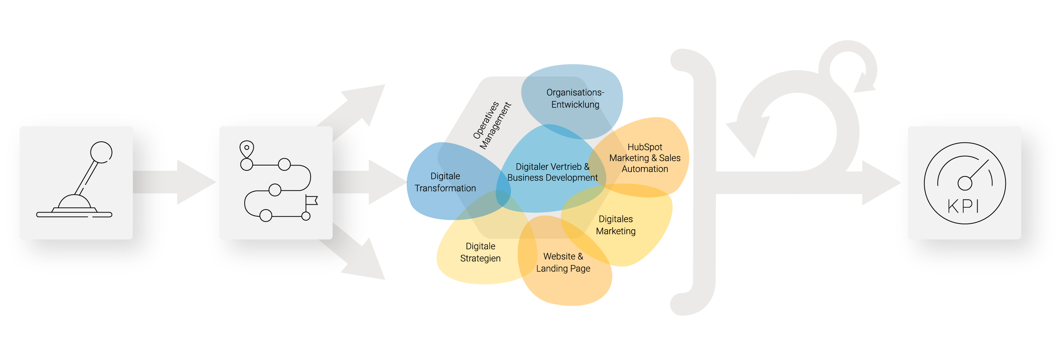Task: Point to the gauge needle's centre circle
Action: pyautogui.click(x=965, y=183)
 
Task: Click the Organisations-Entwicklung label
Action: pyautogui.click(x=575, y=98)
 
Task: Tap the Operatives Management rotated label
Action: pyautogui.click(x=492, y=126)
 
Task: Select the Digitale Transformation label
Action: pyautogui.click(x=445, y=182)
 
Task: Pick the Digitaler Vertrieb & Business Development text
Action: pyautogui.click(x=552, y=172)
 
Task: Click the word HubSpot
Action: pyautogui.click(x=645, y=147)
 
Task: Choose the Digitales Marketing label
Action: pyautogui.click(x=616, y=225)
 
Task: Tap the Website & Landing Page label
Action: pyautogui.click(x=563, y=262)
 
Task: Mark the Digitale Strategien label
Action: pyautogui.click(x=480, y=252)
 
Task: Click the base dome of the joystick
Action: pyautogui.click(x=75, y=202)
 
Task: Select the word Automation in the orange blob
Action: pyautogui.click(x=645, y=169)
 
